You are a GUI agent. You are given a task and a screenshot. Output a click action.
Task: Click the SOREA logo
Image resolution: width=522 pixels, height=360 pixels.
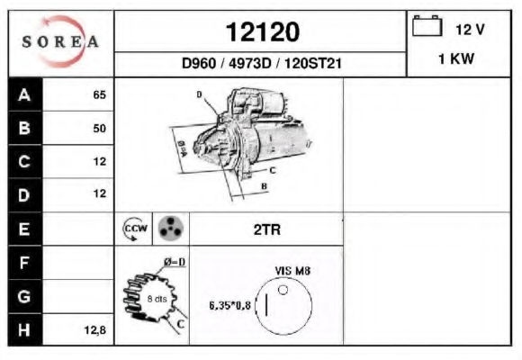[x=60, y=41]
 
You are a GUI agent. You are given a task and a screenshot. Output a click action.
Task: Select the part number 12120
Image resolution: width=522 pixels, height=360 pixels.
[x=263, y=32]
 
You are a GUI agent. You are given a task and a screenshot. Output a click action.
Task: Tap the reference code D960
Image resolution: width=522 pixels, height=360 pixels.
[x=199, y=63]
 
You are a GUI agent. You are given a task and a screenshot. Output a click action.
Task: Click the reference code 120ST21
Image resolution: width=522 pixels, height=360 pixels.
[x=313, y=63]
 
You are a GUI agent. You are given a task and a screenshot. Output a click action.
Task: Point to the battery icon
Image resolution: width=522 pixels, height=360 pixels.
[x=427, y=26]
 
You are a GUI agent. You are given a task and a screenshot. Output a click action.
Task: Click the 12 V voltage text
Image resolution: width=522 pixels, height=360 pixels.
[x=470, y=30]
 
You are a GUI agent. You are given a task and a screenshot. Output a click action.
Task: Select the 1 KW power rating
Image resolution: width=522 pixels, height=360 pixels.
[x=456, y=59]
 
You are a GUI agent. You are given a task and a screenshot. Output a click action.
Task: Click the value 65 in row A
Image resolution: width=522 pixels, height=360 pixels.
[x=99, y=94]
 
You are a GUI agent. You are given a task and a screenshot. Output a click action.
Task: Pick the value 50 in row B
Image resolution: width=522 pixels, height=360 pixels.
[x=99, y=128]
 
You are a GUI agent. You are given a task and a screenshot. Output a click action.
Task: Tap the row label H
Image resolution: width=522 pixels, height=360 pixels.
[x=24, y=329]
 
